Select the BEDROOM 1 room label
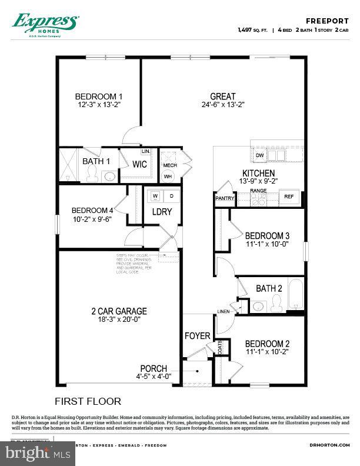99,97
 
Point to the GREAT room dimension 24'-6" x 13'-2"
223,105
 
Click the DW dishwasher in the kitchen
259,155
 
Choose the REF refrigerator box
289,197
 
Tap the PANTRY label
225,198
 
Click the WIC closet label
139,165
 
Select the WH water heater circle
168,176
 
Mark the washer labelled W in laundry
156,195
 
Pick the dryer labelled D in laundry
172,195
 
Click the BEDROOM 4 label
92,211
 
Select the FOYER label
197,336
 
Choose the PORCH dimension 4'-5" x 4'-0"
154,377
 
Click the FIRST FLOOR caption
88,401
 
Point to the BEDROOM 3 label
267,235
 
